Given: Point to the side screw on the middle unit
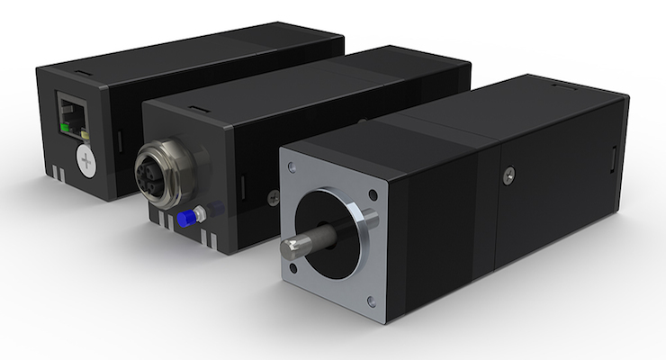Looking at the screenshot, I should [274, 200].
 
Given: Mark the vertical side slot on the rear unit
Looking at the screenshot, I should [121, 142].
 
